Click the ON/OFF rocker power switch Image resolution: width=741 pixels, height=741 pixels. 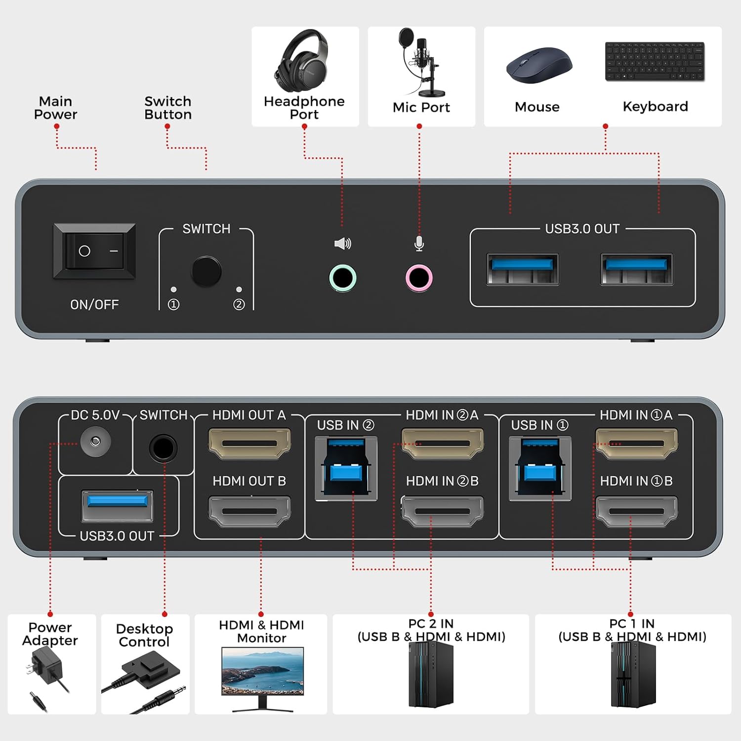94,251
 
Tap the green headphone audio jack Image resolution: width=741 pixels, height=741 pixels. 342,278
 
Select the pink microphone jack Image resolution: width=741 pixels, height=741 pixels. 419,278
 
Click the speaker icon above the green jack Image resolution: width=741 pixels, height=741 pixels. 342,244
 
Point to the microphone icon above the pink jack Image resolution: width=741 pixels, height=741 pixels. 419,244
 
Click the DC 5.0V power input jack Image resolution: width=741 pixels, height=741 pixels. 95,441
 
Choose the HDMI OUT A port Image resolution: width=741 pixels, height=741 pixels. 249,443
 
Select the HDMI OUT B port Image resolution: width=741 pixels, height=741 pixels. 249,511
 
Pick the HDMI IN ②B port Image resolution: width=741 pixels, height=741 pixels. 442,511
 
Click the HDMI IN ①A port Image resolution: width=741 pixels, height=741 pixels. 636,443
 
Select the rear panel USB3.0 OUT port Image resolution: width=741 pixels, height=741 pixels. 117,505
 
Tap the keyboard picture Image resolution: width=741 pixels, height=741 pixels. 655,61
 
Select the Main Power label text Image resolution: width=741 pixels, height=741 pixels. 55,108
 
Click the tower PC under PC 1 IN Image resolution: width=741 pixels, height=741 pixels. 633,674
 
